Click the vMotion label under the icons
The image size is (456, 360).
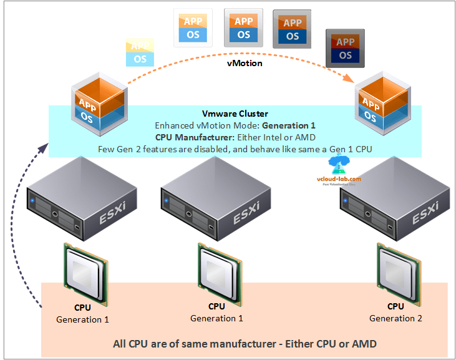tap(244, 64)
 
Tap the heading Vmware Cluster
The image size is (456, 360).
tap(235, 114)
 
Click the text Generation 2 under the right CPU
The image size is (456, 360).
tap(395, 318)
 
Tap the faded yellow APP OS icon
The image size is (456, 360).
tap(140, 52)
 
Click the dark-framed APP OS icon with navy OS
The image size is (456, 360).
tap(345, 49)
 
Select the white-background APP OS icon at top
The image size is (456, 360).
tap(193, 28)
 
